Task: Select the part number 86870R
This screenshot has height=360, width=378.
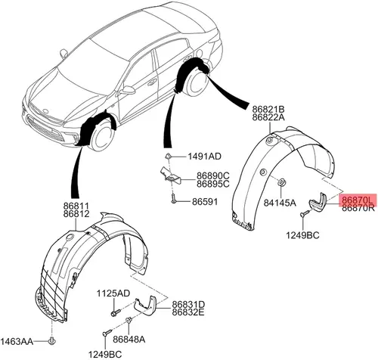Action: pyautogui.click(x=358, y=208)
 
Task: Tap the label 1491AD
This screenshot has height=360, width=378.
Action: pyautogui.click(x=204, y=157)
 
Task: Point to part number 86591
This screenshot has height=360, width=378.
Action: pyautogui.click(x=205, y=201)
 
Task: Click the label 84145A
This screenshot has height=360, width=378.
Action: pyautogui.click(x=280, y=203)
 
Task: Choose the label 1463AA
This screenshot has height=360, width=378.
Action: pyautogui.click(x=17, y=342)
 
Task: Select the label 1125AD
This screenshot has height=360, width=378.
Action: pyautogui.click(x=113, y=293)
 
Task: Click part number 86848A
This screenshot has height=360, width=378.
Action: pyautogui.click(x=129, y=340)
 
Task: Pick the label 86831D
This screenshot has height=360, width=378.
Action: pyautogui.click(x=188, y=304)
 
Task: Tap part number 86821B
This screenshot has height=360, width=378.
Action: pyautogui.click(x=268, y=110)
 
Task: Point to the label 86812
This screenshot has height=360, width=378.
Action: pyautogui.click(x=76, y=214)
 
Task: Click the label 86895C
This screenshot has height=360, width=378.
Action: pyautogui.click(x=213, y=184)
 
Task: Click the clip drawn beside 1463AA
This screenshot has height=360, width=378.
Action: pyautogui.click(x=52, y=341)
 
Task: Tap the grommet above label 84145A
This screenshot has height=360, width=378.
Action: pyautogui.click(x=281, y=182)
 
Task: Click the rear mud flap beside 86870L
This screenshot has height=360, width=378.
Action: pyautogui.click(x=318, y=202)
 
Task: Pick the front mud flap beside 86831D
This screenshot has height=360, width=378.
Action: pyautogui.click(x=145, y=304)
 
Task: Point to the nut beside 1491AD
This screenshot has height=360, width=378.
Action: pyautogui.click(x=168, y=157)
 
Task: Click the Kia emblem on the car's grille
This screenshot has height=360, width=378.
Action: pyautogui.click(x=45, y=111)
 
